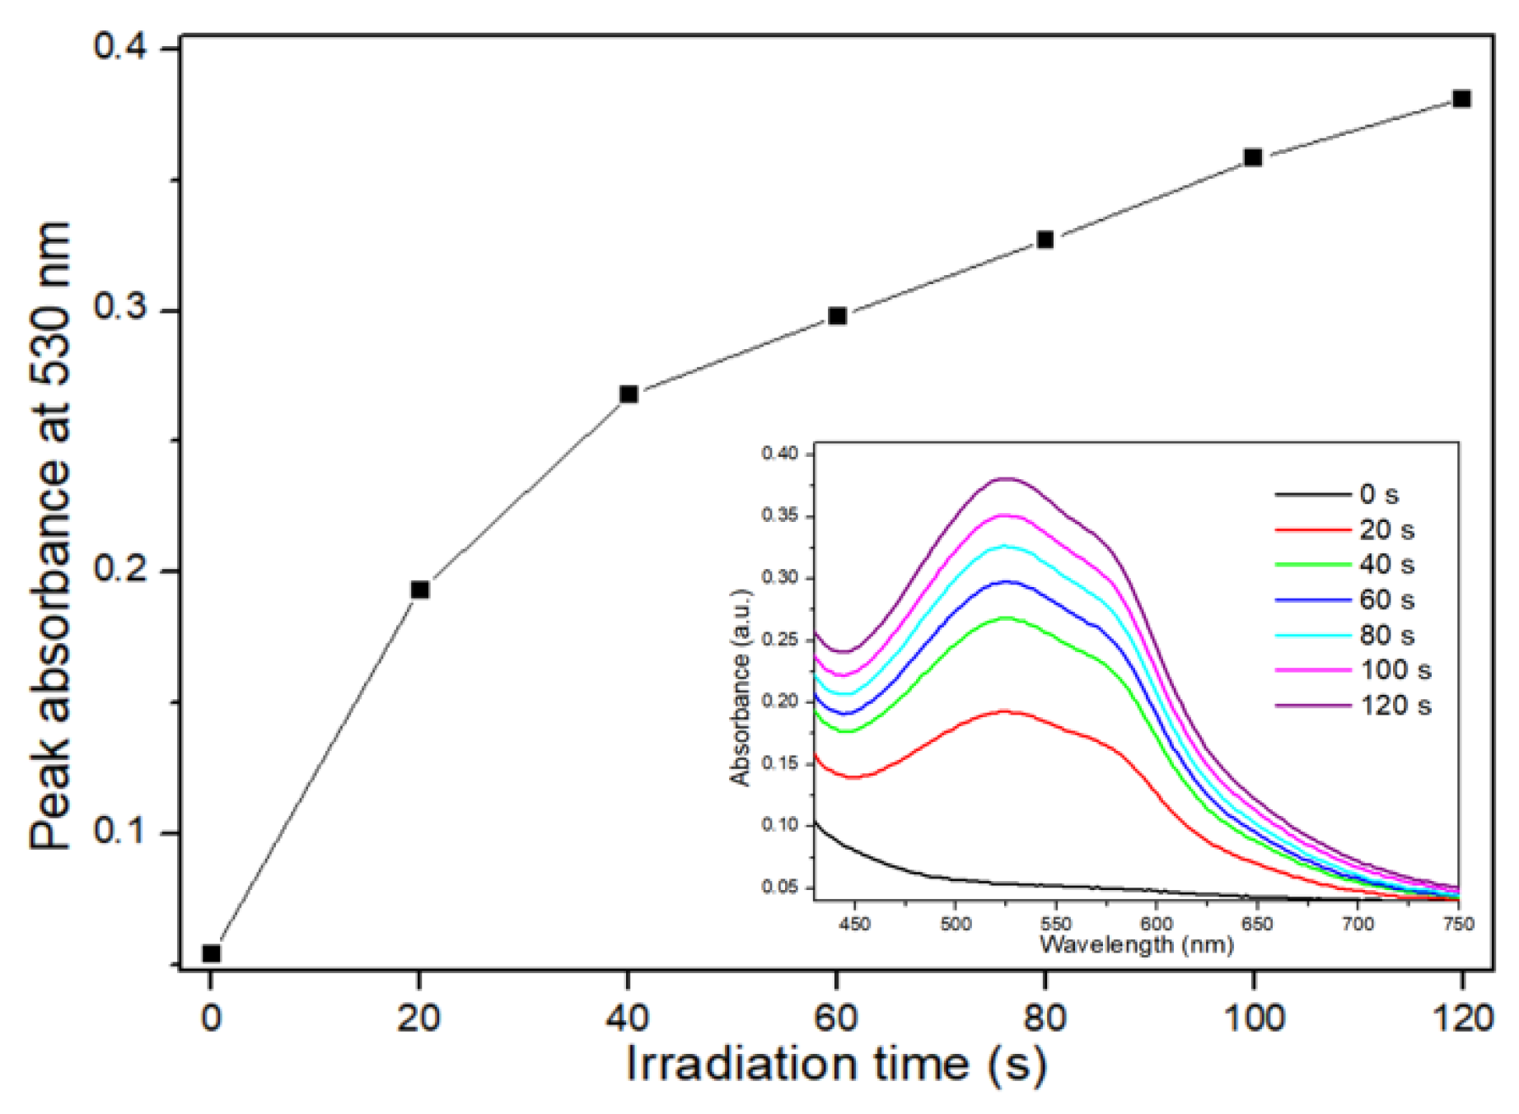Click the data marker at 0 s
click(x=211, y=953)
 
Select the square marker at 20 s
click(x=419, y=590)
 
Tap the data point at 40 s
click(x=629, y=394)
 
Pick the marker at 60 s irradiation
click(x=837, y=316)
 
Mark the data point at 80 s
click(x=1045, y=240)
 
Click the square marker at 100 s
click(x=1253, y=157)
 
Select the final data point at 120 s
click(x=1461, y=99)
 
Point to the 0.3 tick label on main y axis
click(x=120, y=306)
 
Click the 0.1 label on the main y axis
click(x=120, y=830)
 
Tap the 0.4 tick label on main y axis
click(x=120, y=45)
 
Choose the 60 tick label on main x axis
click(x=836, y=1018)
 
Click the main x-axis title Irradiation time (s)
click(x=836, y=1065)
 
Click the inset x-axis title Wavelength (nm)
click(x=1137, y=944)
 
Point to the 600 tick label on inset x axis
click(x=1157, y=924)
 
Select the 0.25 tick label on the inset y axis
click(x=779, y=640)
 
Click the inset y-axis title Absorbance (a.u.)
click(x=740, y=688)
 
